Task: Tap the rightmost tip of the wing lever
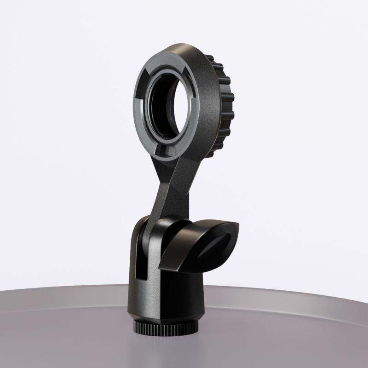pos(240,227)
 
